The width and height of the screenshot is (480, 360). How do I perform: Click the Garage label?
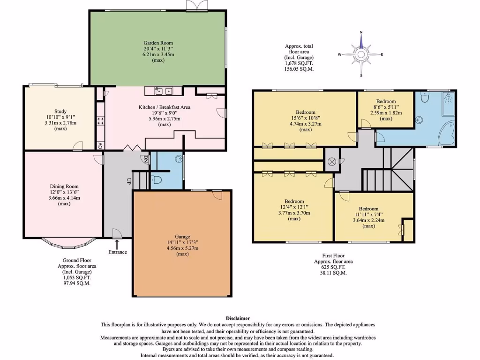182,236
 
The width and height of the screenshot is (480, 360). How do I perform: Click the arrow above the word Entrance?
117,244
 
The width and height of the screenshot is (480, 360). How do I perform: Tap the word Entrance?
117,252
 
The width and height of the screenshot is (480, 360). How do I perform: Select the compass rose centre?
361,54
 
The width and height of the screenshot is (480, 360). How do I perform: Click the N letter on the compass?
361,32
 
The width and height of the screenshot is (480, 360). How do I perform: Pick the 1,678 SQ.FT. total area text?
299,63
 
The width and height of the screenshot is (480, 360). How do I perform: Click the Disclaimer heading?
238,318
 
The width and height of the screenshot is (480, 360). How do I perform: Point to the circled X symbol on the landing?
332,162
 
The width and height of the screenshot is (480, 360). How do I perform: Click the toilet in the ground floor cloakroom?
156,179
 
